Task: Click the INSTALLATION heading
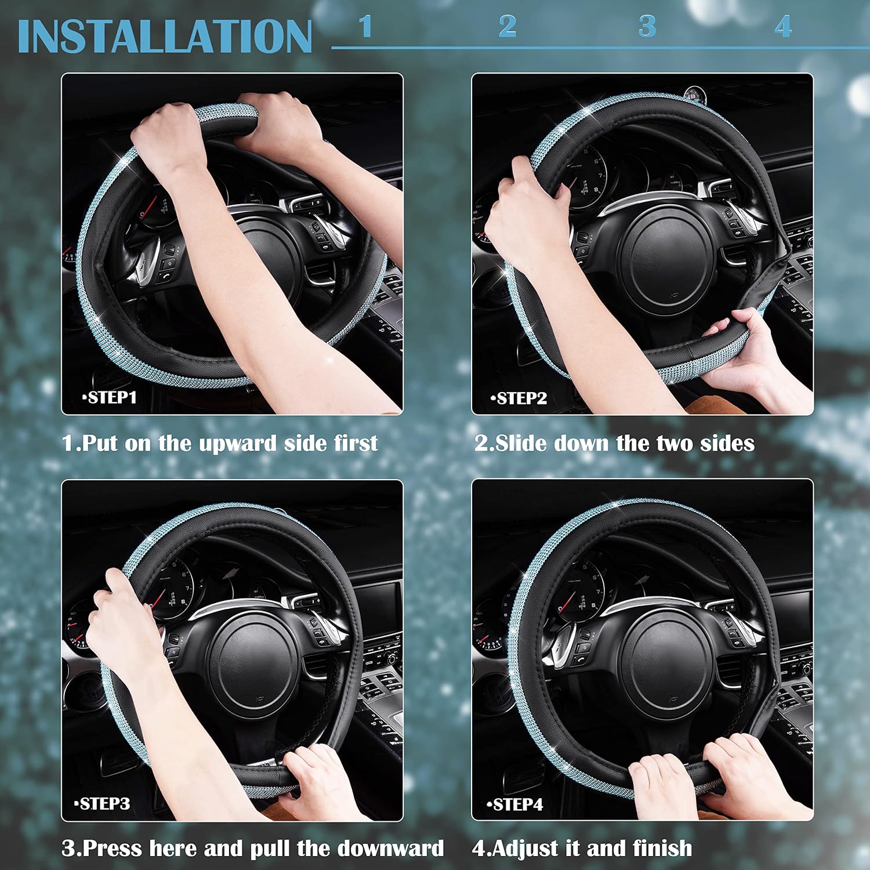click(x=165, y=37)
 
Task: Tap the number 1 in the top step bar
click(x=365, y=27)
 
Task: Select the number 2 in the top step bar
click(x=507, y=27)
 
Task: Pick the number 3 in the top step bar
click(x=647, y=27)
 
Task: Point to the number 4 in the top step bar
click(x=783, y=27)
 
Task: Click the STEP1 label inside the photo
click(x=110, y=398)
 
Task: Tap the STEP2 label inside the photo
click(x=519, y=398)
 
